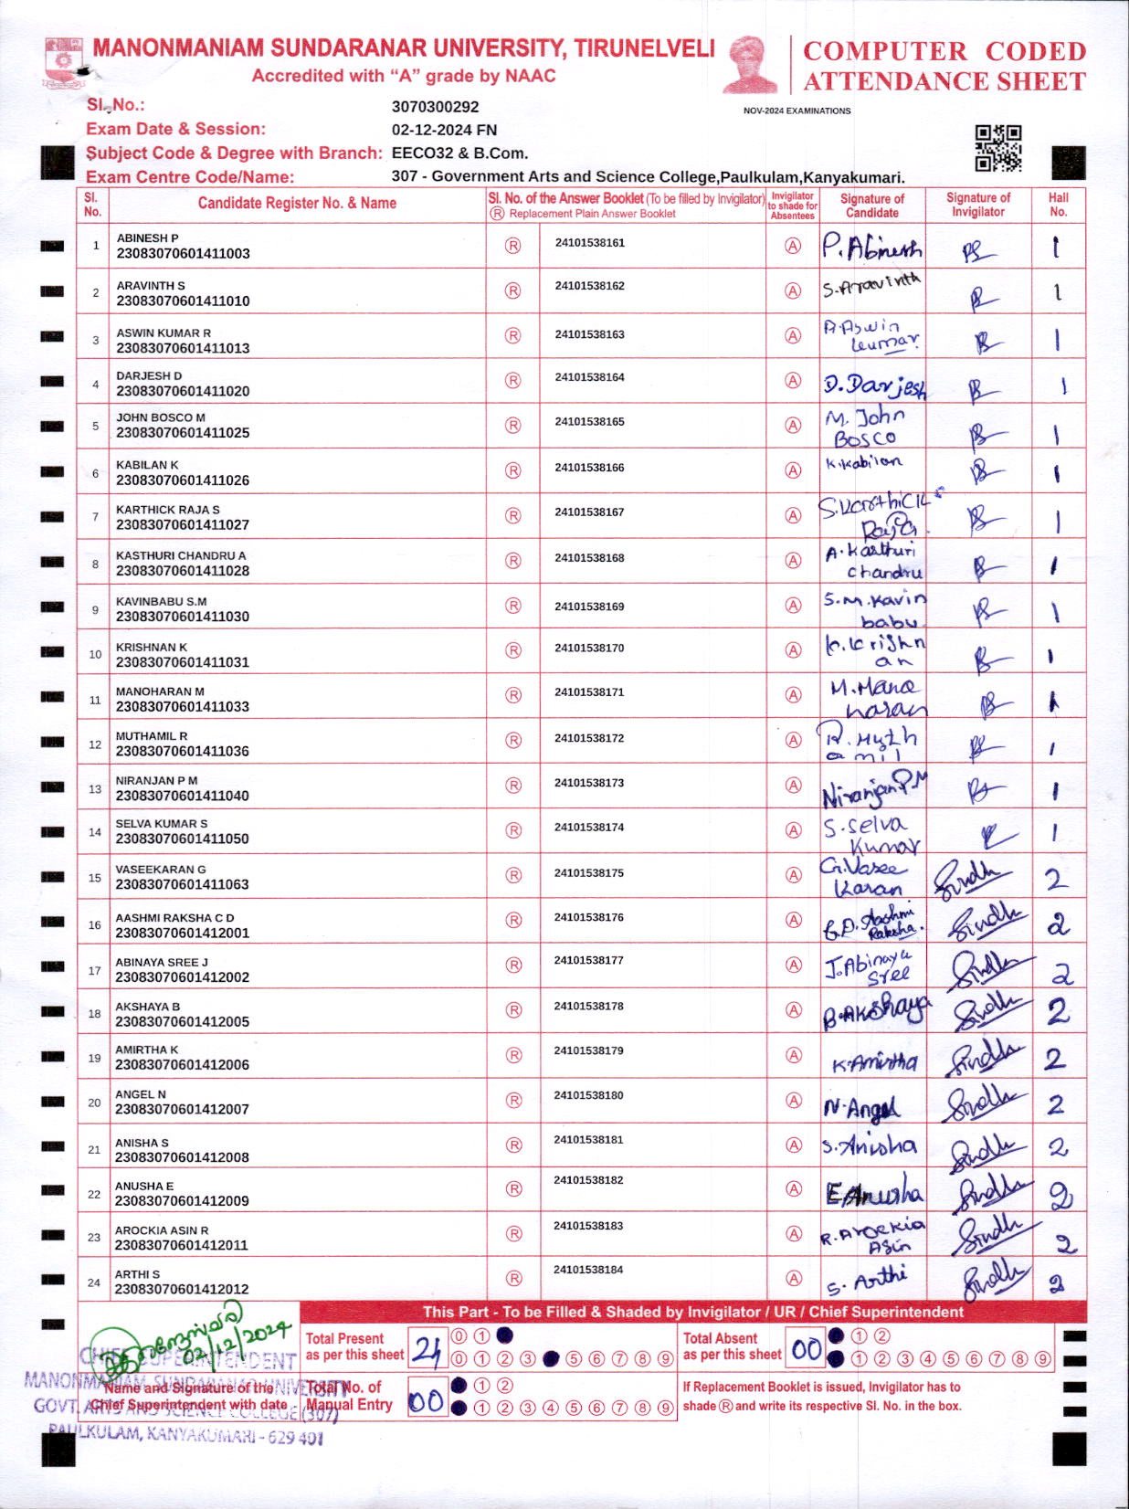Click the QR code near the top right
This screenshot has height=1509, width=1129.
coord(997,148)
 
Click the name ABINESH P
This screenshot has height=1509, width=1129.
coord(147,238)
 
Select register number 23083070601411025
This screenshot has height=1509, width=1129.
coord(183,433)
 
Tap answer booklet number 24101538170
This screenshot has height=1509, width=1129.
coord(589,649)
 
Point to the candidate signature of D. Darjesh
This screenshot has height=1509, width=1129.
coord(873,385)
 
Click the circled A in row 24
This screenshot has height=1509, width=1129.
coord(794,1279)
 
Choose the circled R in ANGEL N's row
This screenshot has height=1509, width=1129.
coord(513,1101)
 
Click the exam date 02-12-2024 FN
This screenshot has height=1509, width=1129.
coord(444,130)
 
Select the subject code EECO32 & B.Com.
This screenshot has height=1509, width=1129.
coord(459,153)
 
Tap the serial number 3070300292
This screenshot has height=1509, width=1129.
coord(435,107)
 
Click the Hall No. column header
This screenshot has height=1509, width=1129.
coord(1058,205)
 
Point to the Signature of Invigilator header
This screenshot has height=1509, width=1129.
coord(977,205)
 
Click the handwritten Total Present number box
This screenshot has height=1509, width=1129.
coord(427,1349)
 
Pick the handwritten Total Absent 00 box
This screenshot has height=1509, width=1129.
coord(806,1349)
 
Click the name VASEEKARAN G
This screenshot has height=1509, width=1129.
coord(161,870)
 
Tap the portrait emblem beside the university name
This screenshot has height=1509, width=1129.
coord(751,64)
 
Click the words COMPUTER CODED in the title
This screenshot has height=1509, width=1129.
coord(944,51)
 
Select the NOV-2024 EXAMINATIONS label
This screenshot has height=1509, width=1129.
coord(797,111)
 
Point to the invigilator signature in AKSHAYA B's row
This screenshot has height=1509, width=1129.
coord(983,1011)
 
